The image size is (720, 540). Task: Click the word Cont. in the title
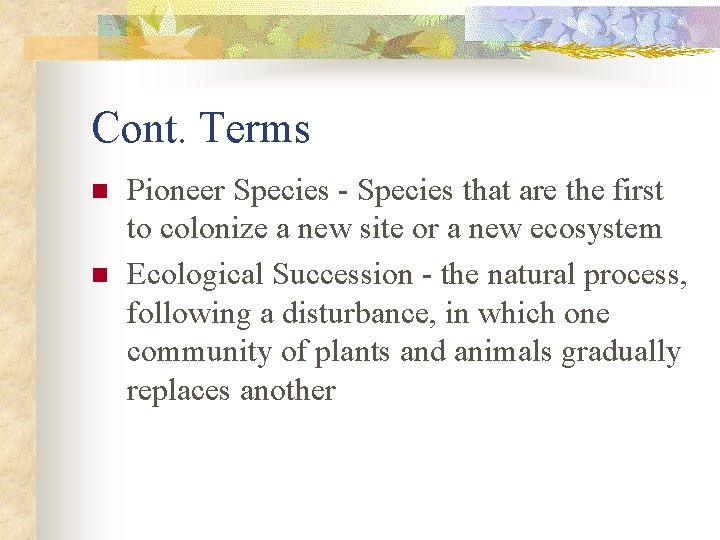click(x=139, y=129)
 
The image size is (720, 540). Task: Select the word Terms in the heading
click(x=254, y=129)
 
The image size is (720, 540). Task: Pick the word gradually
click(x=621, y=353)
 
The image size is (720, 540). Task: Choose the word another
click(x=288, y=391)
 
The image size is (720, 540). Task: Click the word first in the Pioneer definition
click(x=634, y=190)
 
